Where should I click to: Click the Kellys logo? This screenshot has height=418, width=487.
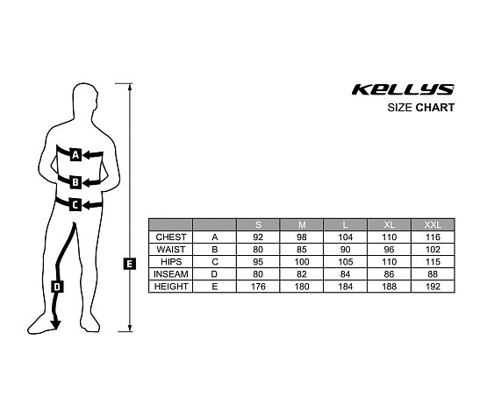point(403,89)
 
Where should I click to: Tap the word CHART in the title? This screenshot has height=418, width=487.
point(435,108)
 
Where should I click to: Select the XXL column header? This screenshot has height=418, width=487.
point(433,224)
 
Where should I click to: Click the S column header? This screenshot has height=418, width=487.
point(258,224)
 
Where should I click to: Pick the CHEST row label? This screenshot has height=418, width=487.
point(171,237)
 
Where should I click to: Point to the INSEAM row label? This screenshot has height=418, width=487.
point(171,274)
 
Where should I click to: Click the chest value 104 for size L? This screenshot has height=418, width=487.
point(346,237)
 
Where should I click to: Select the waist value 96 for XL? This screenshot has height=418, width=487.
point(389,250)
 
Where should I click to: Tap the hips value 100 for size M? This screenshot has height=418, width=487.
point(302,262)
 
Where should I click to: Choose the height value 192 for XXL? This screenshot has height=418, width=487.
point(433,287)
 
